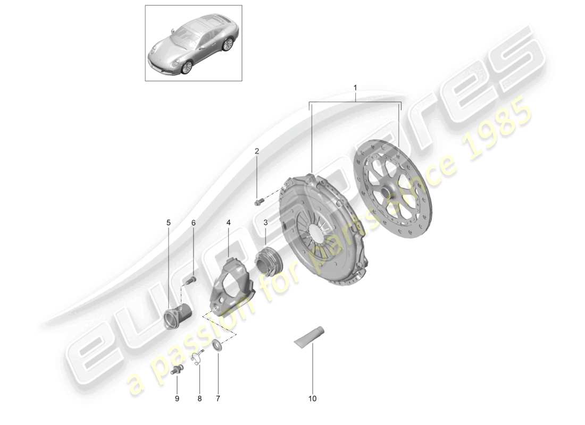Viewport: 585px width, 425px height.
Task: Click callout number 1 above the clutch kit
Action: pyautogui.click(x=356, y=87)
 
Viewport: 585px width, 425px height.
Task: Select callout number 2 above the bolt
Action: pyautogui.click(x=256, y=151)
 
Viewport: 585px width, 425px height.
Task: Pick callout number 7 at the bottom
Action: pyautogui.click(x=218, y=397)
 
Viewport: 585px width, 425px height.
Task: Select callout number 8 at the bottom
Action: pyautogui.click(x=200, y=397)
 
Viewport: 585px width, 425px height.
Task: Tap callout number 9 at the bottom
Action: pyautogui.click(x=178, y=397)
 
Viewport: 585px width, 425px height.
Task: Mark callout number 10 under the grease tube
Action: pyautogui.click(x=312, y=397)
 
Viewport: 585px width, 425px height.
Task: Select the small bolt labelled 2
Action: pyautogui.click(x=260, y=201)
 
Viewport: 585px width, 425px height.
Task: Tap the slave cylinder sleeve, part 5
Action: pyautogui.click(x=174, y=318)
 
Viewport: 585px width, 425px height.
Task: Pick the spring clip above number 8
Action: pyautogui.click(x=197, y=359)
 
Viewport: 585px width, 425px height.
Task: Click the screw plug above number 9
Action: pyautogui.click(x=177, y=370)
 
